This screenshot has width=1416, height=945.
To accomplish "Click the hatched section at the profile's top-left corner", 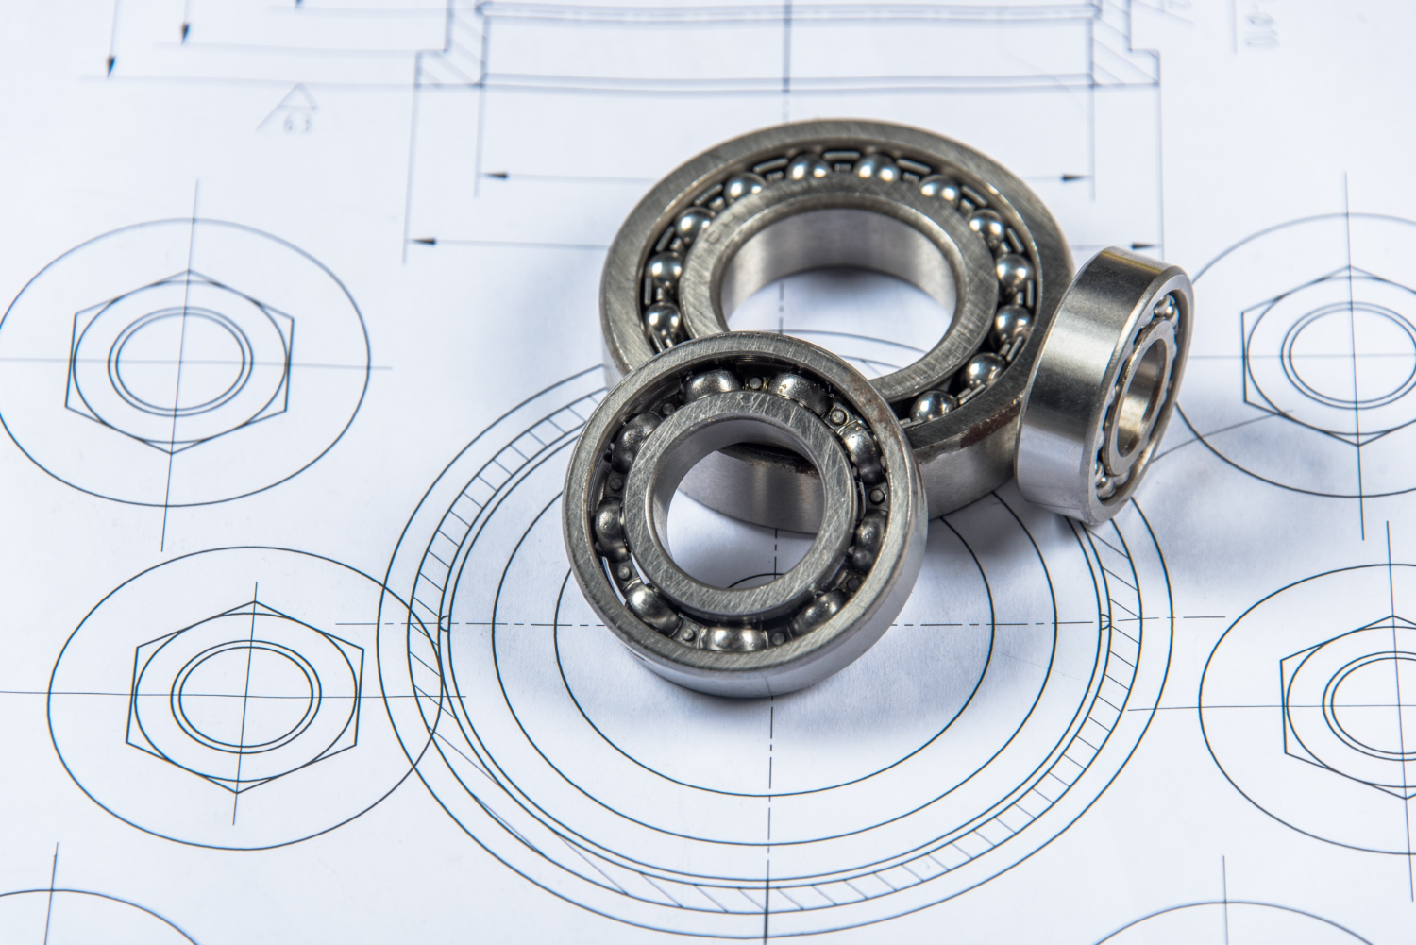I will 448,67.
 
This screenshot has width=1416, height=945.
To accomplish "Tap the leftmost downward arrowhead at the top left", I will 112,66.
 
